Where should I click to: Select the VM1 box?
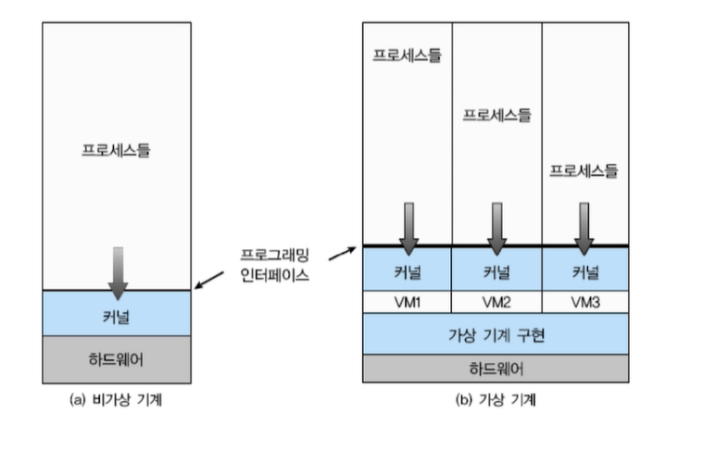click(x=407, y=302)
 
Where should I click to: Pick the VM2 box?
click(x=496, y=302)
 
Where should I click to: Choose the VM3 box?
click(x=585, y=302)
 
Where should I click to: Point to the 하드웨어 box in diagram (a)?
click(x=117, y=359)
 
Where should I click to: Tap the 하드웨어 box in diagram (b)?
click(x=496, y=369)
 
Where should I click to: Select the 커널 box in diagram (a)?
click(x=117, y=314)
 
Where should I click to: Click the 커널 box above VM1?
click(x=407, y=271)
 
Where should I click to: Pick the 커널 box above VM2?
click(x=496, y=271)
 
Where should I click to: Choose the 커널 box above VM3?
click(x=585, y=271)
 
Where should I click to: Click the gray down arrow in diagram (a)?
click(x=117, y=270)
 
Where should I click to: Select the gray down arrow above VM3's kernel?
click(x=584, y=228)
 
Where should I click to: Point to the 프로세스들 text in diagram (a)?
click(x=117, y=149)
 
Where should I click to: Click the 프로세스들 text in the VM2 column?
click(x=496, y=115)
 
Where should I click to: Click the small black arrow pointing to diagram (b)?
click(x=342, y=252)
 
